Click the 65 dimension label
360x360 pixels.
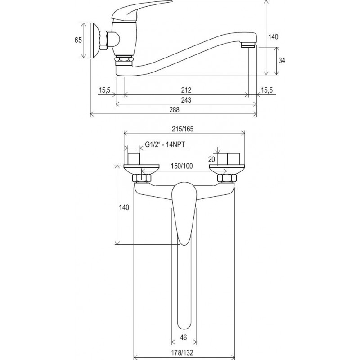78,40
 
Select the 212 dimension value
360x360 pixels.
186,90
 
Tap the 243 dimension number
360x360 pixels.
186,100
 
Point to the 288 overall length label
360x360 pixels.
174,110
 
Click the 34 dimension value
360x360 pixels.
282,60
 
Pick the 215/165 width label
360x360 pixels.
183,129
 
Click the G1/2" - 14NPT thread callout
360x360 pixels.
165,144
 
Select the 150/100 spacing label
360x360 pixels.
182,166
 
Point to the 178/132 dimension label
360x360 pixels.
183,352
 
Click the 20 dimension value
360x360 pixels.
211,159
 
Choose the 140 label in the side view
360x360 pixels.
273,37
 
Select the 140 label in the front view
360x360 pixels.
124,207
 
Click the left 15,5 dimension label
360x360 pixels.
105,90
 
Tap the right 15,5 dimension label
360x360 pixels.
267,90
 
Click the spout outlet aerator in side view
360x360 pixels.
248,45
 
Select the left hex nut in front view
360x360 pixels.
142,178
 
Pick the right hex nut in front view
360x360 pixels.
227,178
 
